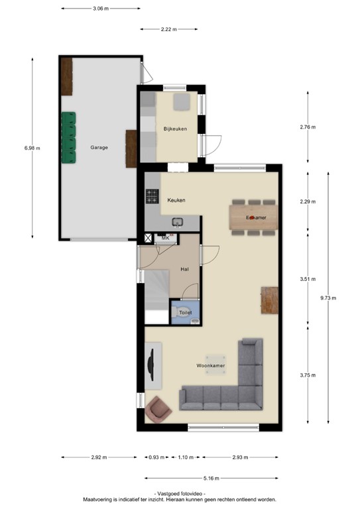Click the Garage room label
[x=99, y=147]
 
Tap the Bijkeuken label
[x=175, y=129]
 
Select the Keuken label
[x=176, y=200]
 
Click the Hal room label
[x=186, y=269]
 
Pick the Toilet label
[x=185, y=311]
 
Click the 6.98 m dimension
[x=32, y=148]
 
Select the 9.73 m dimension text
[x=329, y=298]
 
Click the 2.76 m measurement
[x=308, y=127]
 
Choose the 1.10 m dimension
[x=186, y=457]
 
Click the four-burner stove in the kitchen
[x=152, y=196]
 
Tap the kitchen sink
[x=178, y=222]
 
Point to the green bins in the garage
[x=69, y=138]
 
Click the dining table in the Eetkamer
[x=252, y=217]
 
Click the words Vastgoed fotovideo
[x=179, y=494]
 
